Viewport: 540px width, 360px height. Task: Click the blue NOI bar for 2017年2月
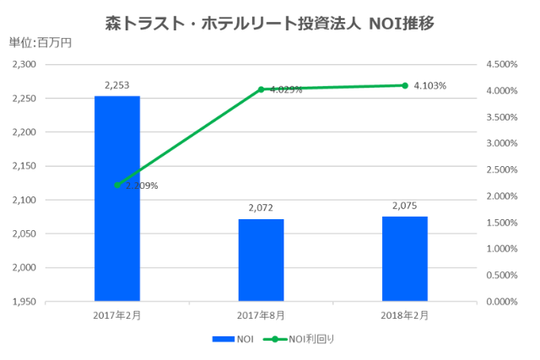click(x=116, y=198)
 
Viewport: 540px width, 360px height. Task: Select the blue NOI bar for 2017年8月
click(x=261, y=260)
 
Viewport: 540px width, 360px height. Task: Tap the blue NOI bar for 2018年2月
click(x=404, y=258)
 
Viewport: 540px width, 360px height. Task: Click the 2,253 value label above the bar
click(x=116, y=85)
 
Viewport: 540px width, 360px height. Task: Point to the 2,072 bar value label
click(x=261, y=207)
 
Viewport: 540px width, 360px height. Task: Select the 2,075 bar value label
click(x=404, y=205)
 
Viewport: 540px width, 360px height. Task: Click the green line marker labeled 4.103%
click(x=405, y=85)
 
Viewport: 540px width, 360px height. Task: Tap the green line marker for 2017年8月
click(x=261, y=89)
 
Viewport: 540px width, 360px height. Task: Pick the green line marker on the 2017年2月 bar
click(x=117, y=185)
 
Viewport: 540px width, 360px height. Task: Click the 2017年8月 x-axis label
click(x=261, y=314)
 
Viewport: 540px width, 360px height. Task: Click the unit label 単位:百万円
click(x=40, y=43)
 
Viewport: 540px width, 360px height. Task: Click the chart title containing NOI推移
click(x=270, y=21)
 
